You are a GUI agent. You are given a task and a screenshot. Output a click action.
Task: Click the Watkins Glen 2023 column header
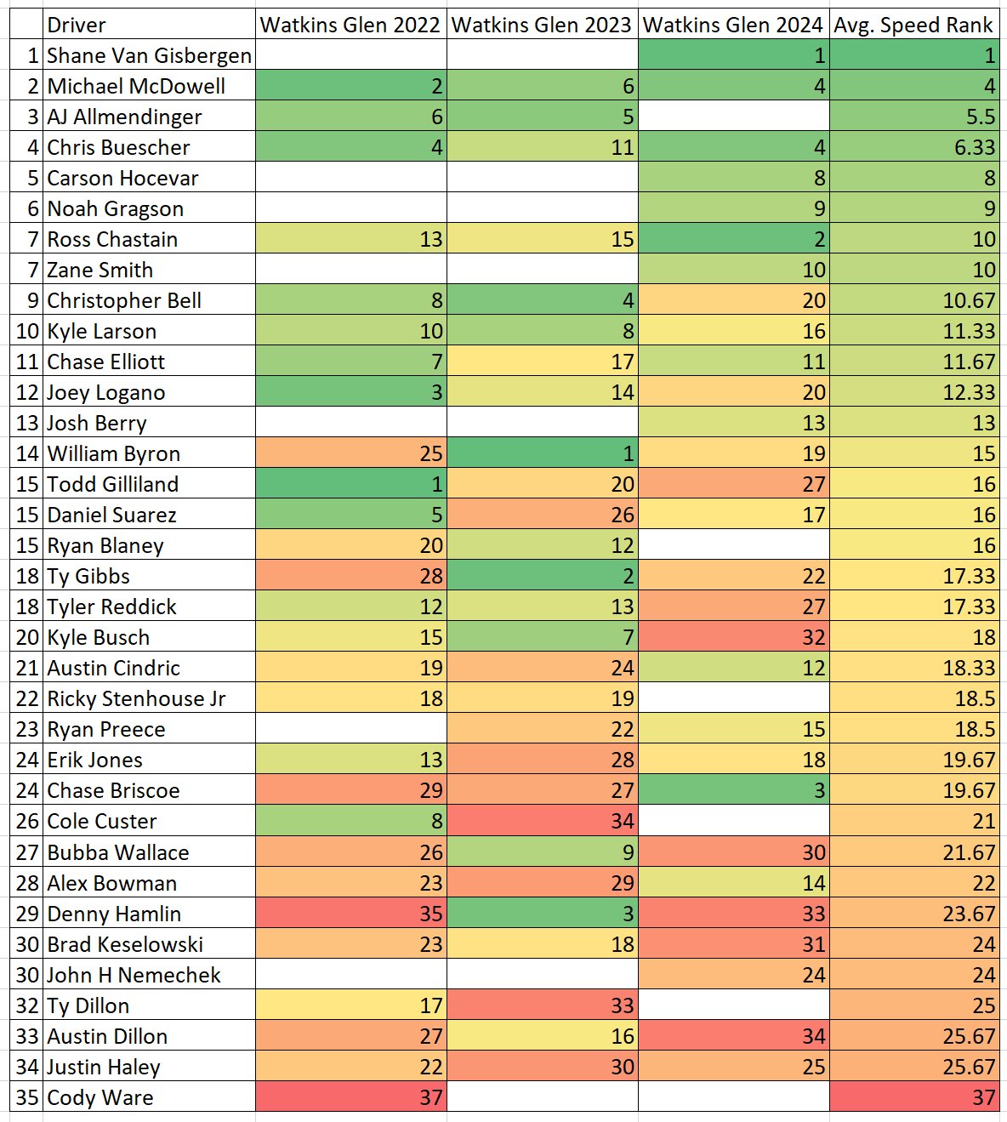(x=542, y=25)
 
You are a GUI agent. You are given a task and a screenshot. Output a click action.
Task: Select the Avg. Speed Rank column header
(x=913, y=25)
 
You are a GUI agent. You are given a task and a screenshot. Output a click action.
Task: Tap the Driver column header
(x=77, y=25)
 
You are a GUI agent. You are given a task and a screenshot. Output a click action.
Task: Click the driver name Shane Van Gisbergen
(x=149, y=55)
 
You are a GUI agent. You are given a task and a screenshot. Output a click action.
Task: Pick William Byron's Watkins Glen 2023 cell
(x=542, y=453)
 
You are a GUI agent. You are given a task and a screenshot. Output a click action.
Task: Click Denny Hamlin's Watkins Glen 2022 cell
(x=350, y=914)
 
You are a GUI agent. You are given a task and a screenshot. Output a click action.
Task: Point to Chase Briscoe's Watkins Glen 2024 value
(x=733, y=790)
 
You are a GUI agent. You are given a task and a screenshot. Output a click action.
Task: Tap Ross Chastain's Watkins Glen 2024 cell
(x=733, y=239)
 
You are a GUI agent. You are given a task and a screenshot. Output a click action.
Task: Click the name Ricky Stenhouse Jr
(x=136, y=698)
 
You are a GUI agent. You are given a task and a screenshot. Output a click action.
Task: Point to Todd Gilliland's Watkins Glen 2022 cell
(x=350, y=484)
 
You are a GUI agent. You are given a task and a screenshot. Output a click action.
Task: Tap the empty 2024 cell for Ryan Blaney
(x=733, y=545)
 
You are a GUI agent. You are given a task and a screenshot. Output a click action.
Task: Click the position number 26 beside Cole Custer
(x=27, y=821)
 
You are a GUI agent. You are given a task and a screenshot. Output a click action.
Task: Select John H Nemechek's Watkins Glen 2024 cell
(x=733, y=975)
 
